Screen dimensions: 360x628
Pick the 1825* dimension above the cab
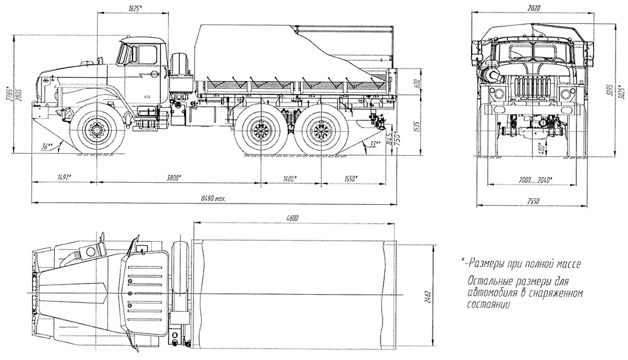pos(131,9)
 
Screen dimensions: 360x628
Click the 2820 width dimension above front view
pos(533,6)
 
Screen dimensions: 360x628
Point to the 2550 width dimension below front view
pos(533,200)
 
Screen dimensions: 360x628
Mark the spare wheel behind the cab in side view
pos(180,65)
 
